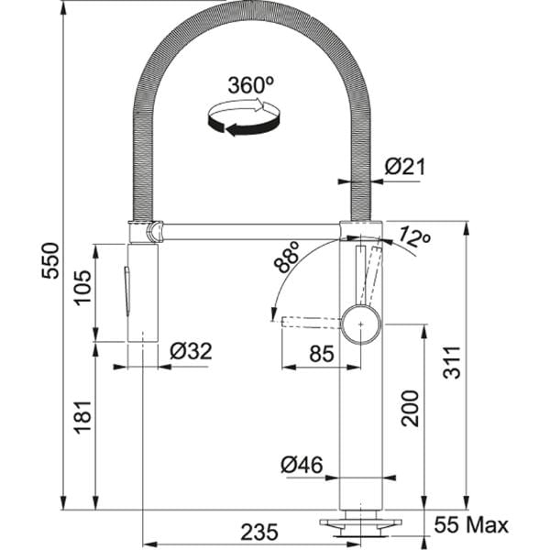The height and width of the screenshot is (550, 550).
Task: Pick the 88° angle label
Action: (x=287, y=260)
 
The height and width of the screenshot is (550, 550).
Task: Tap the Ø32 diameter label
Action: (x=191, y=351)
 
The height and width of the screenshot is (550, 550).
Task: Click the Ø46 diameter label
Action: (x=302, y=466)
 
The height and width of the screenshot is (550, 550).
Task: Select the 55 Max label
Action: (x=471, y=526)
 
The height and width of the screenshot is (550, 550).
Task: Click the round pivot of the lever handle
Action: (x=360, y=322)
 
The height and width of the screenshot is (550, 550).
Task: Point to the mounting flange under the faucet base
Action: (x=358, y=523)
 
